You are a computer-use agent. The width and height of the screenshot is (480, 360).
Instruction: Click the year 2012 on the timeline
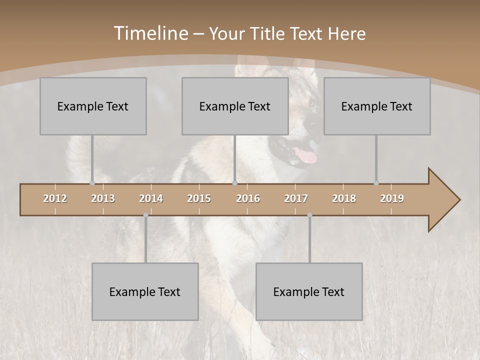tap(55, 198)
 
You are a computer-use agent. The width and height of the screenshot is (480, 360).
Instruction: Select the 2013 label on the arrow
tap(103, 198)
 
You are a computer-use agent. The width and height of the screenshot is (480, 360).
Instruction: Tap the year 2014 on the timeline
tap(151, 198)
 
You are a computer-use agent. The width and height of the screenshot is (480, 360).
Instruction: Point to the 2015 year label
tap(199, 198)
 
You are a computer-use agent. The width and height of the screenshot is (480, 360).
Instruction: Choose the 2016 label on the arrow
tap(248, 198)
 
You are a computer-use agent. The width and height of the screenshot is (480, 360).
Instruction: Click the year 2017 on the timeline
tap(296, 198)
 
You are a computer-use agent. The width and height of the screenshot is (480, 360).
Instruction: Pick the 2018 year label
tap(344, 198)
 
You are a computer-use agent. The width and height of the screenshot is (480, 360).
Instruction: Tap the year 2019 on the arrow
tap(392, 198)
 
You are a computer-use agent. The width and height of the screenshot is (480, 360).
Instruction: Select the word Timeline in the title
tap(150, 33)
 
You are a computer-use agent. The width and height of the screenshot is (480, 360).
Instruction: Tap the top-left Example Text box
tap(93, 106)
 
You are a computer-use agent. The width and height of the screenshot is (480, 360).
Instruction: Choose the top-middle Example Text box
tap(235, 106)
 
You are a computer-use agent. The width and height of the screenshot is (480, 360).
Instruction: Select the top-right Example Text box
tap(377, 106)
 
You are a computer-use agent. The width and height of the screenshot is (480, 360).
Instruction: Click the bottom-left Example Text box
tap(145, 291)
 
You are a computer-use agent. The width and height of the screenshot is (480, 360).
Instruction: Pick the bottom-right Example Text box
tap(309, 291)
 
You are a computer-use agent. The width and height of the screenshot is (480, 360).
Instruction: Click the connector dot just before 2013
tap(92, 183)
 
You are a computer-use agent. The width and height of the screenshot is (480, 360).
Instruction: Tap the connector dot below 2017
tap(309, 215)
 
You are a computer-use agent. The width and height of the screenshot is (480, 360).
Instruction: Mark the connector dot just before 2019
tap(376, 183)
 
